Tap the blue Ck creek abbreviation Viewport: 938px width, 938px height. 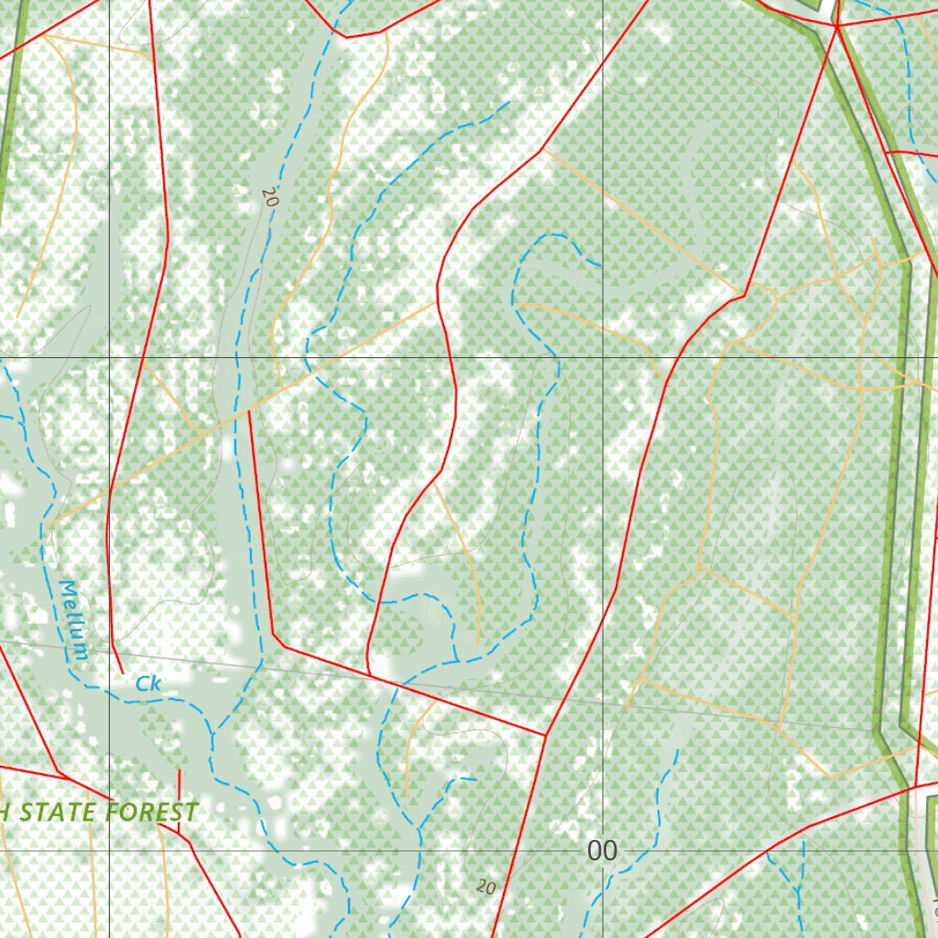tap(147, 683)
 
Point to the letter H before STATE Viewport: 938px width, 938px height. tap(5, 813)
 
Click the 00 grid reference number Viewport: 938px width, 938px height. tap(602, 852)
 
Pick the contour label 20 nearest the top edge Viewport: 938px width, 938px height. tap(268, 197)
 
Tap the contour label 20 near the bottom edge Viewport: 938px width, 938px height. tap(486, 886)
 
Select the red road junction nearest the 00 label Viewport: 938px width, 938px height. tap(546, 735)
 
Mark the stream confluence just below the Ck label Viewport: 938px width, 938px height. tap(212, 733)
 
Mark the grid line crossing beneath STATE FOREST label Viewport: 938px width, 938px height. tap(109, 850)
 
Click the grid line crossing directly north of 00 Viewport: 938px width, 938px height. tap(603, 357)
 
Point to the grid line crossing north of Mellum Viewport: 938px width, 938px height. tap(109, 357)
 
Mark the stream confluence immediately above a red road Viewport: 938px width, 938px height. tap(456, 660)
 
